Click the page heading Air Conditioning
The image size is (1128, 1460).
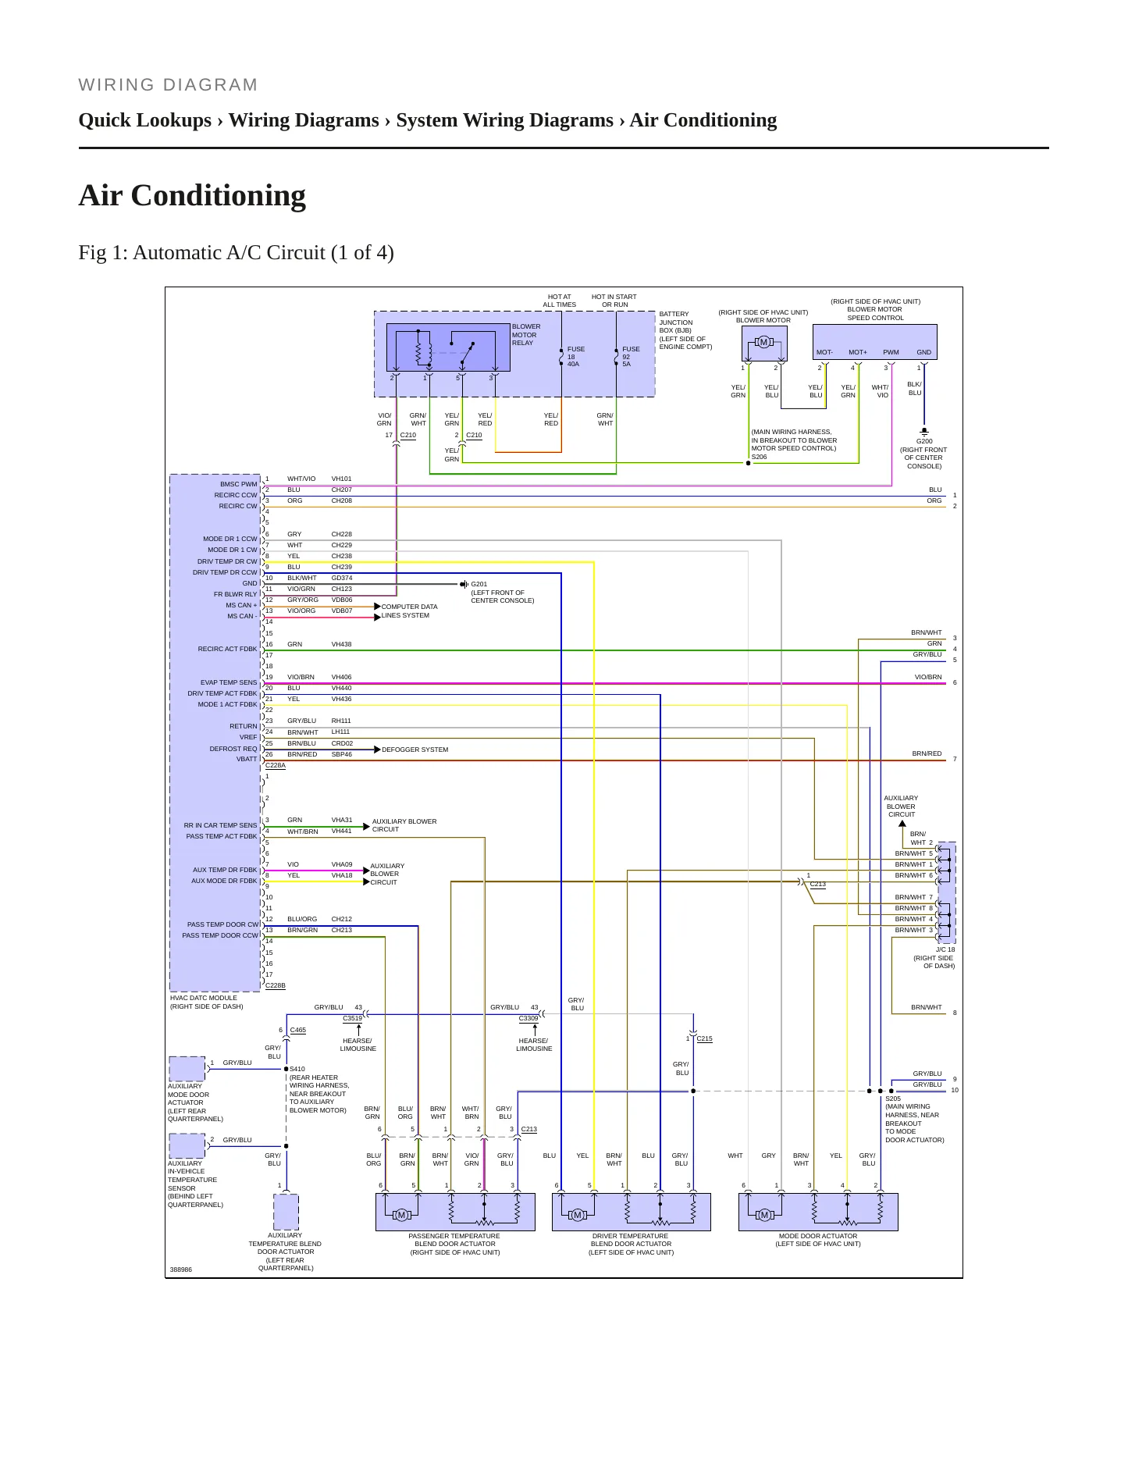coord(192,195)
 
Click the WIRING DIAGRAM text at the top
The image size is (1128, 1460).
coord(168,85)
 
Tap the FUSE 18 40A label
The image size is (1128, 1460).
coord(575,357)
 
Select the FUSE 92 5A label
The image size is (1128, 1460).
coord(631,357)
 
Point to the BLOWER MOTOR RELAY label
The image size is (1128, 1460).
coord(526,335)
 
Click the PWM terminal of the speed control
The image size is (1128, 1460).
coord(891,352)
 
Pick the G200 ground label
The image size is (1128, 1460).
coord(924,441)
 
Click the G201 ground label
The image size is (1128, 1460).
coord(479,584)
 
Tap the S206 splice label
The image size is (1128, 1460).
coord(759,457)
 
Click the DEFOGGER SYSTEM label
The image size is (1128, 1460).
coord(415,750)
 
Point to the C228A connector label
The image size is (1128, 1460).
coord(276,766)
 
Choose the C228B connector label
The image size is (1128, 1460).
coord(276,986)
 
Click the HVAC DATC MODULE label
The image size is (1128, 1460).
coord(204,998)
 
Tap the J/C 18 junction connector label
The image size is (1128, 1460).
coord(945,949)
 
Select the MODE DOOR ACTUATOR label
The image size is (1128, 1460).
coord(818,1236)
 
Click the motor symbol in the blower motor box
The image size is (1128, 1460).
coord(763,342)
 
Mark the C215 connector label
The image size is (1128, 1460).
coord(704,1038)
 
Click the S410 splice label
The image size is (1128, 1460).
coord(297,1069)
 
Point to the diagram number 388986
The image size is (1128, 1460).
coord(181,1269)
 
